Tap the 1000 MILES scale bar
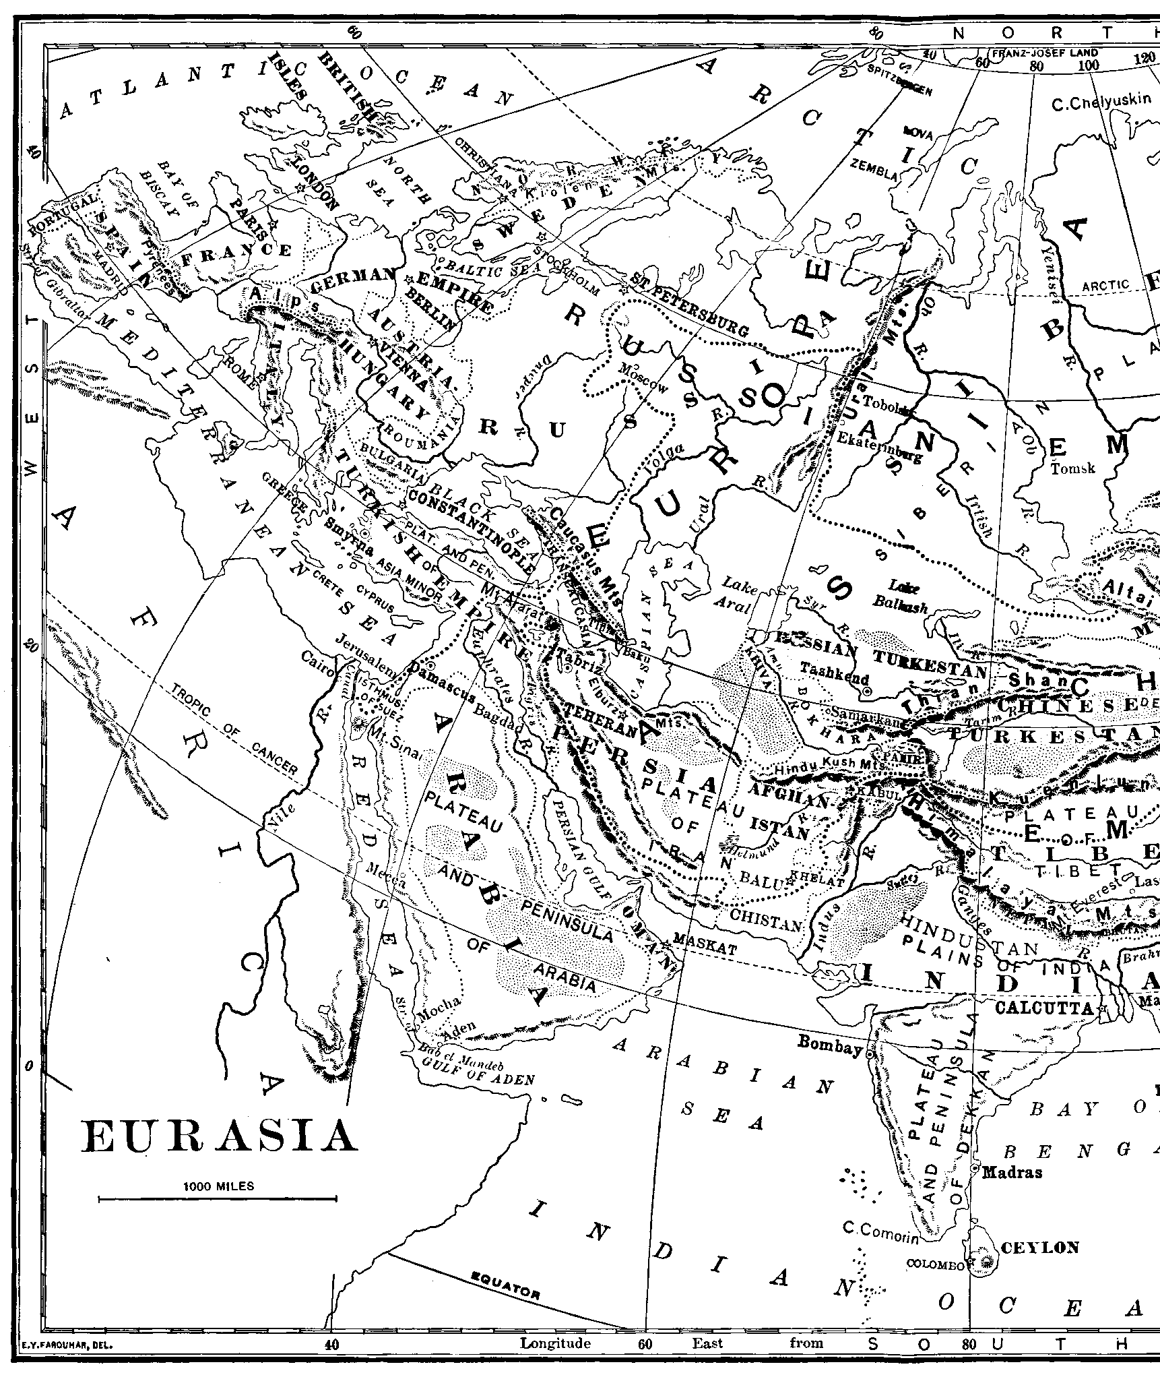pos(217,1198)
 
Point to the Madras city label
pos(1012,1173)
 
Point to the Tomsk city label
pos(1073,468)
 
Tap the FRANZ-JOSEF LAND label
pos(1044,53)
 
